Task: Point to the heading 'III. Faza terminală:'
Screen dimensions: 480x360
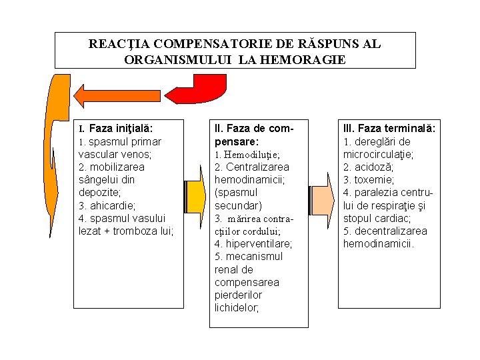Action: pos(389,128)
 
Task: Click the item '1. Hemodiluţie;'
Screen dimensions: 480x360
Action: pos(247,154)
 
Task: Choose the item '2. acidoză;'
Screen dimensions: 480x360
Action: pos(368,167)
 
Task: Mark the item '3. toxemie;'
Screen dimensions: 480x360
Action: pos(369,180)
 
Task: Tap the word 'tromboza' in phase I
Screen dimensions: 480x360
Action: pos(136,231)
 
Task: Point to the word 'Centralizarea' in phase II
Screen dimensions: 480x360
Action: pos(257,167)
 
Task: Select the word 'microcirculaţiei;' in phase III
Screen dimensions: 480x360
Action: pos(379,154)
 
